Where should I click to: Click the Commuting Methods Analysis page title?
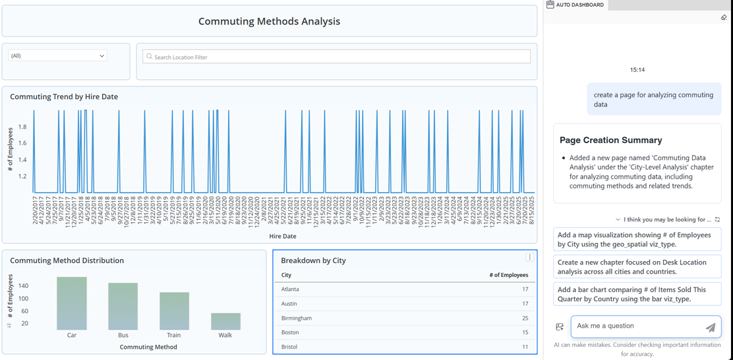(x=269, y=21)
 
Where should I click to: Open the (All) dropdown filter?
(x=57, y=56)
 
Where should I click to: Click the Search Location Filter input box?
(x=336, y=57)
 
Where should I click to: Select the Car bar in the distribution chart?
(x=72, y=303)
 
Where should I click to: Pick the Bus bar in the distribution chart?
(x=123, y=307)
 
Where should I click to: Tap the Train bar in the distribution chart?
(x=174, y=311)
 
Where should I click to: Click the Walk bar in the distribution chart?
(x=225, y=321)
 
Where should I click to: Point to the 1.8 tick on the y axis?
(x=22, y=127)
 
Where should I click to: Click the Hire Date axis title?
(x=282, y=236)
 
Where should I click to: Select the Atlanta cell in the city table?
(x=290, y=289)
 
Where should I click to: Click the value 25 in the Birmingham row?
(x=525, y=318)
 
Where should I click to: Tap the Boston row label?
(x=290, y=332)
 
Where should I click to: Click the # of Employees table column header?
(x=508, y=275)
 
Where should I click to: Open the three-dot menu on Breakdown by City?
(x=529, y=257)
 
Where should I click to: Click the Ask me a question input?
(x=636, y=326)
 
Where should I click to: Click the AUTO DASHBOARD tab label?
(x=579, y=5)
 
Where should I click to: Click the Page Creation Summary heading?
(x=610, y=140)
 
